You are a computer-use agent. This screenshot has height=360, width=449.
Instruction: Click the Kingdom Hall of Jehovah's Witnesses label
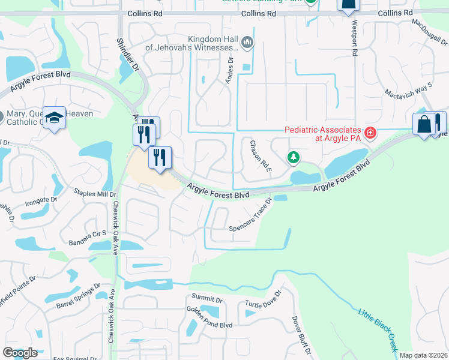(205, 43)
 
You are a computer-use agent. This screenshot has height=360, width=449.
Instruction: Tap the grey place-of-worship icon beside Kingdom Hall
(248, 42)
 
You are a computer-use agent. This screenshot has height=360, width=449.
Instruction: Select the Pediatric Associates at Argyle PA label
(322, 134)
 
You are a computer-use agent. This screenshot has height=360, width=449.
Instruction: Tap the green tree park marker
(293, 158)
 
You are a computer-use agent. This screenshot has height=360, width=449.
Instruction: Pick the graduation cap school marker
(55, 118)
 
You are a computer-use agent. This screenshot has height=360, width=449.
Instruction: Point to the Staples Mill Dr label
(94, 193)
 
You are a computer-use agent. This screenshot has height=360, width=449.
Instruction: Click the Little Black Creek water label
(378, 329)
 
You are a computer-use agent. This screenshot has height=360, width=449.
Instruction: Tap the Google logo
(20, 353)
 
